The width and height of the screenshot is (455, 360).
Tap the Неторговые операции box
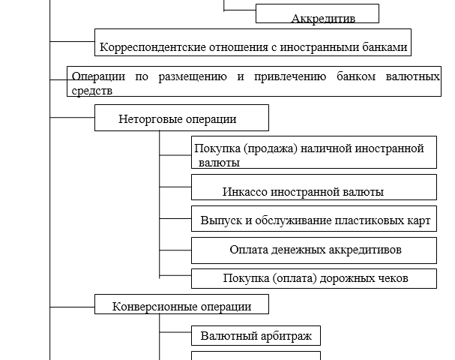tap(181, 118)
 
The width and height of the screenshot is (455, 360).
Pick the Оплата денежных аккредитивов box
tap(313, 250)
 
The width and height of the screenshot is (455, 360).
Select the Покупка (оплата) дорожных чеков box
tap(313, 278)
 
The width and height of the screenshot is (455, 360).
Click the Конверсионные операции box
tap(181, 306)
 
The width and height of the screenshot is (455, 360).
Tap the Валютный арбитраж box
tap(256, 335)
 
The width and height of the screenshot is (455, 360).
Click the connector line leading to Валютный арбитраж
tap(175, 334)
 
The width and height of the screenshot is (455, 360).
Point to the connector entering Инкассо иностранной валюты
tap(175, 187)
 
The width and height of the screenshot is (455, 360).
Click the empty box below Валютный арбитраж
tap(256, 355)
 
